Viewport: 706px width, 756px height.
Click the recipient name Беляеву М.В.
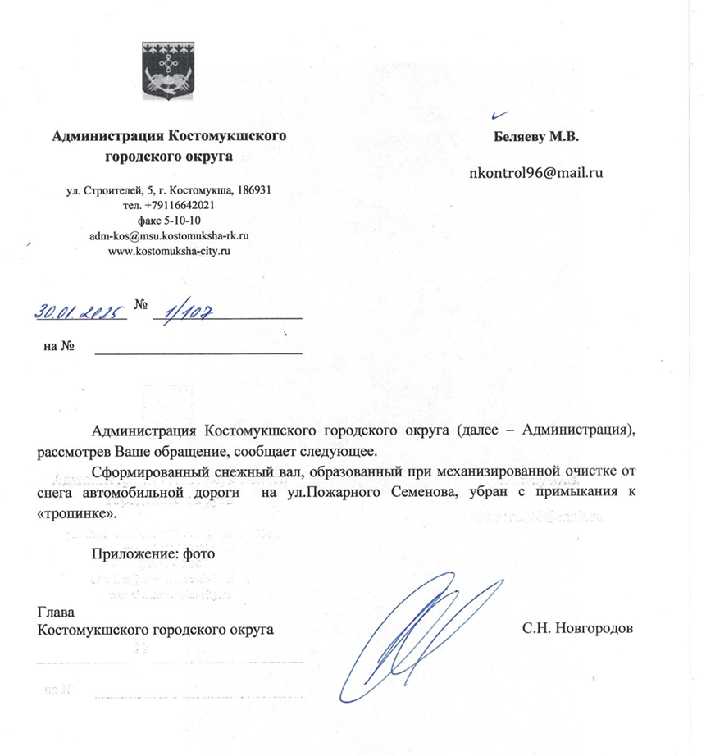tap(537, 137)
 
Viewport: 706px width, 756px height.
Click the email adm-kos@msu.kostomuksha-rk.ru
tap(168, 235)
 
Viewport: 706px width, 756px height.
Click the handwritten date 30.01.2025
tap(79, 312)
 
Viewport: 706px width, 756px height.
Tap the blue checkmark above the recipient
tap(501, 116)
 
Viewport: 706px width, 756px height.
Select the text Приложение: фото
tap(153, 553)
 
